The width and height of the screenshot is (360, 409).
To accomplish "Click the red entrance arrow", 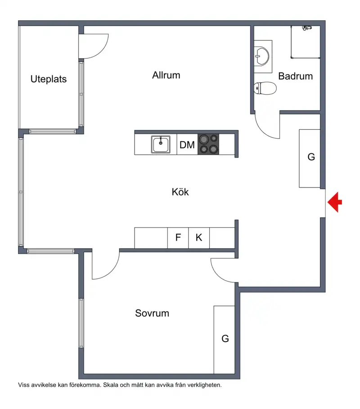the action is [335, 202].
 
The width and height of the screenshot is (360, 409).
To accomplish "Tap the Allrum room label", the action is [166, 75].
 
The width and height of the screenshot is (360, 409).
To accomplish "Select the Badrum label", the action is [295, 76].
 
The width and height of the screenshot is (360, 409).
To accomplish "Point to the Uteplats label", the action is [49, 79].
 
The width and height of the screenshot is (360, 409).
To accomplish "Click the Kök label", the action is [180, 192].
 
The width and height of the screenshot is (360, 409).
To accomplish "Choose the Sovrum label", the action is [152, 313].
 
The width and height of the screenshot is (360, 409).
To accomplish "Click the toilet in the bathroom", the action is [265, 88].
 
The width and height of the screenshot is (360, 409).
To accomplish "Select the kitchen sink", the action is [161, 144].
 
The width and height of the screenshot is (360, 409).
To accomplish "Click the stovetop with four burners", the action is [208, 144].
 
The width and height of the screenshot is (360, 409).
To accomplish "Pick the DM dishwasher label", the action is [187, 145].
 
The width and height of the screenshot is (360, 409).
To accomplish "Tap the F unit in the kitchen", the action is [178, 238].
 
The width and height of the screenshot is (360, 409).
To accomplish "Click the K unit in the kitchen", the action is [199, 238].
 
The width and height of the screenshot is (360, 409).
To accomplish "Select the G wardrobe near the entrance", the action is [310, 159].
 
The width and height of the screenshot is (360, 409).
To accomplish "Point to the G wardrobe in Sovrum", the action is [224, 340].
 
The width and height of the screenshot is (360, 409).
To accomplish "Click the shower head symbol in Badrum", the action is [307, 27].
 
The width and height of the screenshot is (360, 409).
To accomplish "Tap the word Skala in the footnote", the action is [111, 385].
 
